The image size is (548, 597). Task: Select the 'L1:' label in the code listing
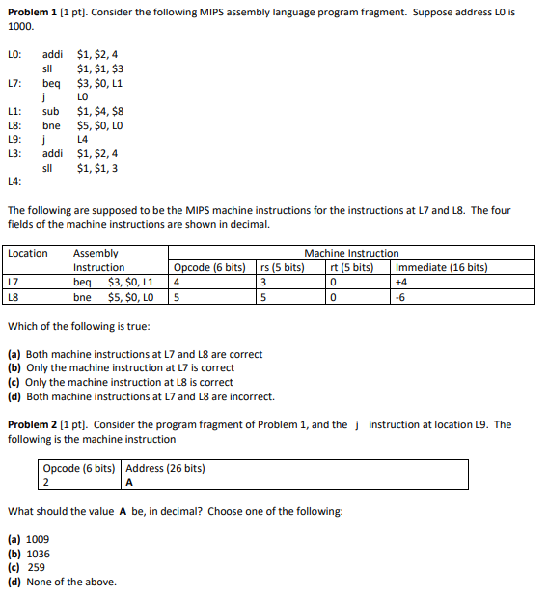14,112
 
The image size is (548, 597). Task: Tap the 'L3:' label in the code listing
14,154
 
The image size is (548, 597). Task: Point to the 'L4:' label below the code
14,182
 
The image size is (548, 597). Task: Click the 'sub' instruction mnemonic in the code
51,112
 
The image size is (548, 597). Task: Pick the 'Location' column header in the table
28,254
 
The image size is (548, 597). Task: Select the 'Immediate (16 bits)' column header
441,267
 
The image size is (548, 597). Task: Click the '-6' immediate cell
401,296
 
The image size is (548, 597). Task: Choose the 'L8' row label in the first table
14,296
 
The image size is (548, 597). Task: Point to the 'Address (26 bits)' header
165,469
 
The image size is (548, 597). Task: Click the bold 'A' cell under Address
129,483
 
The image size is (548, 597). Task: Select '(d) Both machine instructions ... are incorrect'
141,396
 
